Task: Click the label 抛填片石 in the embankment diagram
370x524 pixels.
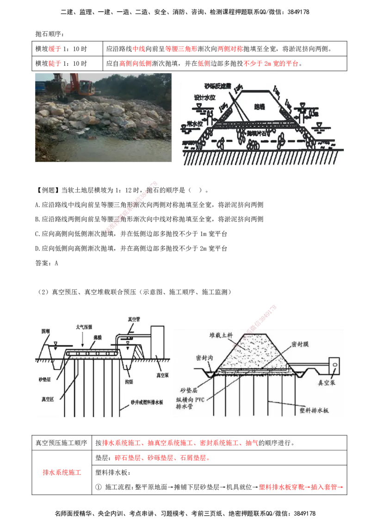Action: pyautogui.click(x=258, y=133)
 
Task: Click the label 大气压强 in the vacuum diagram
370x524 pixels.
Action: pyautogui.click(x=85, y=327)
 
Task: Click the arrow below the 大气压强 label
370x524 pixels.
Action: pyautogui.click(x=82, y=343)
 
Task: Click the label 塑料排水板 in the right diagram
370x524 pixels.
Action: pyautogui.click(x=313, y=410)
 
